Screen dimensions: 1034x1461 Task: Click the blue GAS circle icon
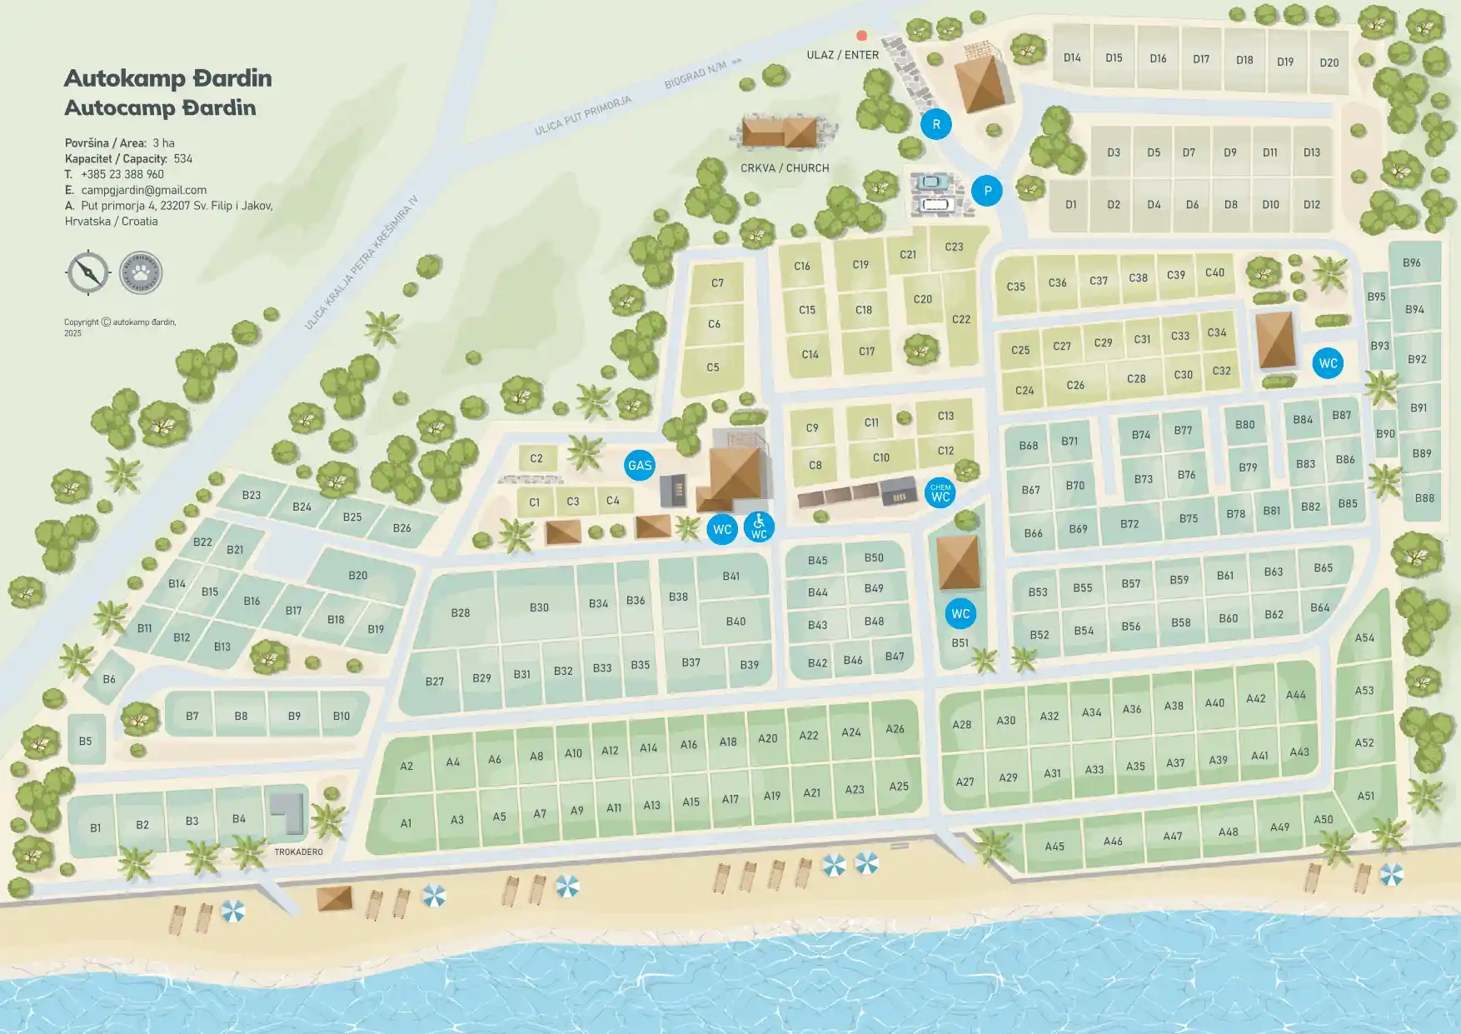point(640,466)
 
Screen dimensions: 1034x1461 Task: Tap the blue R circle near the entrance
point(936,124)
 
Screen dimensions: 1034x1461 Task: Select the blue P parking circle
point(987,191)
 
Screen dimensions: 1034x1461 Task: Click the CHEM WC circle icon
point(940,493)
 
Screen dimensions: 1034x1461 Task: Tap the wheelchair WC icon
point(759,527)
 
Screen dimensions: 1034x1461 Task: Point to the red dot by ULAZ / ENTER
point(862,36)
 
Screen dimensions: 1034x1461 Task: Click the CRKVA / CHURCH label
point(785,168)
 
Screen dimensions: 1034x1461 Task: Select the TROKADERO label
point(298,852)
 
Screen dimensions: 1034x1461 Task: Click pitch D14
point(1072,57)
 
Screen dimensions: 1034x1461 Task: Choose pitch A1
point(406,823)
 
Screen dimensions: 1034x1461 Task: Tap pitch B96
point(1412,262)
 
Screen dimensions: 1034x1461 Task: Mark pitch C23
point(954,247)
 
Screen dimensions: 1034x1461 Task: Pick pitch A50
point(1324,819)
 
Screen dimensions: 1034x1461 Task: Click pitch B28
point(461,612)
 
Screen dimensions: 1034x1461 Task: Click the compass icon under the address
point(88,272)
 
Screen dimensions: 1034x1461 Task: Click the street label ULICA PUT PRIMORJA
point(583,116)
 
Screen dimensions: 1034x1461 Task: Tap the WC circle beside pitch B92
point(1328,363)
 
